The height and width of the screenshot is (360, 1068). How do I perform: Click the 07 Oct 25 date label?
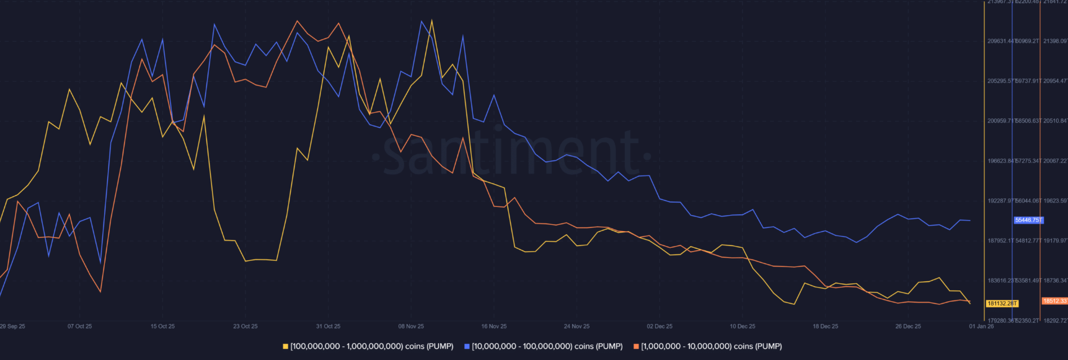[79, 327]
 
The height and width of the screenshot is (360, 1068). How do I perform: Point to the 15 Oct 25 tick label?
[162, 327]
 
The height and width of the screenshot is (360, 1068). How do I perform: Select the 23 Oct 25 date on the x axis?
[245, 327]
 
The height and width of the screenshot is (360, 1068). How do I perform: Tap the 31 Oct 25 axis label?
[328, 327]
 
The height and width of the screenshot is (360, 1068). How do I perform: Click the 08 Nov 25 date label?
[411, 327]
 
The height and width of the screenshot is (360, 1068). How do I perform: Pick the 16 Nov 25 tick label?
[494, 327]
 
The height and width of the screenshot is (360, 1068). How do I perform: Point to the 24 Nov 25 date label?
[576, 327]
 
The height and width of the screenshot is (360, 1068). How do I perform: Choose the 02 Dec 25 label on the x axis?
[660, 327]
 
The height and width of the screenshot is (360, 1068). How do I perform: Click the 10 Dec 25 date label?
[743, 327]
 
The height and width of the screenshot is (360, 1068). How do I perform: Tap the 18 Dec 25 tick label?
[825, 327]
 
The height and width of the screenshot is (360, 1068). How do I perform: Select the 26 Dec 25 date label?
[908, 327]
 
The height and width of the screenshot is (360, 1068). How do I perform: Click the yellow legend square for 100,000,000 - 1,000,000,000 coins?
[286, 346]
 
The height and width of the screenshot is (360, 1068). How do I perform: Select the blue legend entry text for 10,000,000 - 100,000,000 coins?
[547, 346]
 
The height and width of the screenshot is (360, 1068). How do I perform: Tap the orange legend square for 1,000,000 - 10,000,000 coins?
[636, 346]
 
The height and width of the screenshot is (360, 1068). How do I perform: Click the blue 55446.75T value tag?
[1028, 220]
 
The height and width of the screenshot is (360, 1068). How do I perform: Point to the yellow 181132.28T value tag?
[1002, 304]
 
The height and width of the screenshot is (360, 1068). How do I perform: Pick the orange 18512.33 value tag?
[1054, 301]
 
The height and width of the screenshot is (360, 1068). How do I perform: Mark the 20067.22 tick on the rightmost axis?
[1055, 161]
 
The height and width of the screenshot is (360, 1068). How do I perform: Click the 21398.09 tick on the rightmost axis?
[1055, 42]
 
